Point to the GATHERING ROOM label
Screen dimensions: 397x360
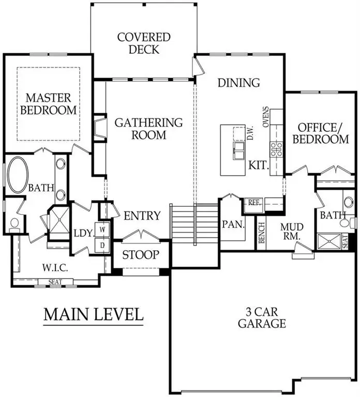[148, 129]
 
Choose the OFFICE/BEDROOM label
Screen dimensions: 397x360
[322, 133]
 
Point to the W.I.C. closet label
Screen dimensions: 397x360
[56, 268]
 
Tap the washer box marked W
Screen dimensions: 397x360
[102, 229]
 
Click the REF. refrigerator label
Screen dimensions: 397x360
[253, 203]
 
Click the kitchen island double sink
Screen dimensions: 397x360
[238, 151]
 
